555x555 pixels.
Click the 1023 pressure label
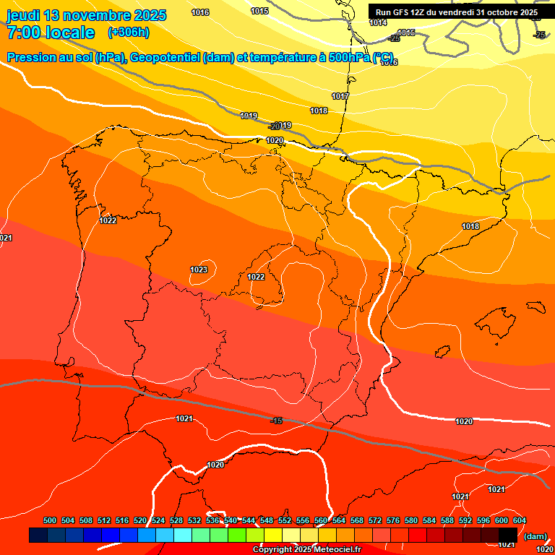(x=199, y=270)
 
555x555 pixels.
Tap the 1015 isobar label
(x=259, y=11)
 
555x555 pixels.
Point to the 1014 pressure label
(x=377, y=22)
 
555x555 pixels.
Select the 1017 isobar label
(x=340, y=96)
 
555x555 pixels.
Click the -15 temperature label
(x=275, y=421)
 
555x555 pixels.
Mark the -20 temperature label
(x=274, y=126)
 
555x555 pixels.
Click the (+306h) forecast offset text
(x=128, y=32)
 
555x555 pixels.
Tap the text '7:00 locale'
(x=51, y=33)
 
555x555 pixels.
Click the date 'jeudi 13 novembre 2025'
(x=86, y=15)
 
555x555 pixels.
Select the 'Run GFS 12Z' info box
(x=457, y=12)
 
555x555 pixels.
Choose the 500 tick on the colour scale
(x=50, y=520)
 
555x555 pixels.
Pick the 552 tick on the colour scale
(x=285, y=520)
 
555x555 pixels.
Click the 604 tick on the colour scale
(x=520, y=520)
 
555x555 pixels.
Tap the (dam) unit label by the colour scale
(x=534, y=535)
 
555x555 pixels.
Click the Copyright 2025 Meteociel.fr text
(x=306, y=550)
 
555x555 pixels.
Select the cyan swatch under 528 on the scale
(x=183, y=535)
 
